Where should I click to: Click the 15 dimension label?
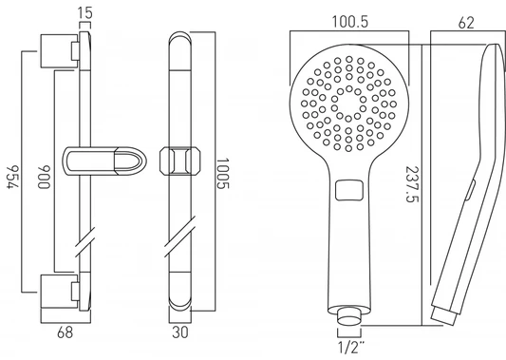pyautogui.click(x=84, y=12)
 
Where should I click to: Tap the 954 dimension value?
pyautogui.click(x=13, y=177)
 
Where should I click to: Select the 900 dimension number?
pyautogui.click(x=44, y=177)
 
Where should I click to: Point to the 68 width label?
pyautogui.click(x=65, y=332)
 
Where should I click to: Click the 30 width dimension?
pyautogui.click(x=179, y=332)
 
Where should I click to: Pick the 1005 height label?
pyautogui.click(x=222, y=174)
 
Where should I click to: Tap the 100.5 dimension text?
pyautogui.click(x=349, y=22)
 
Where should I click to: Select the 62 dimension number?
pyautogui.click(x=466, y=23)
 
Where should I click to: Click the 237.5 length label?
pyautogui.click(x=412, y=184)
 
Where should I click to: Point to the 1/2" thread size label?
pyautogui.click(x=350, y=347)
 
